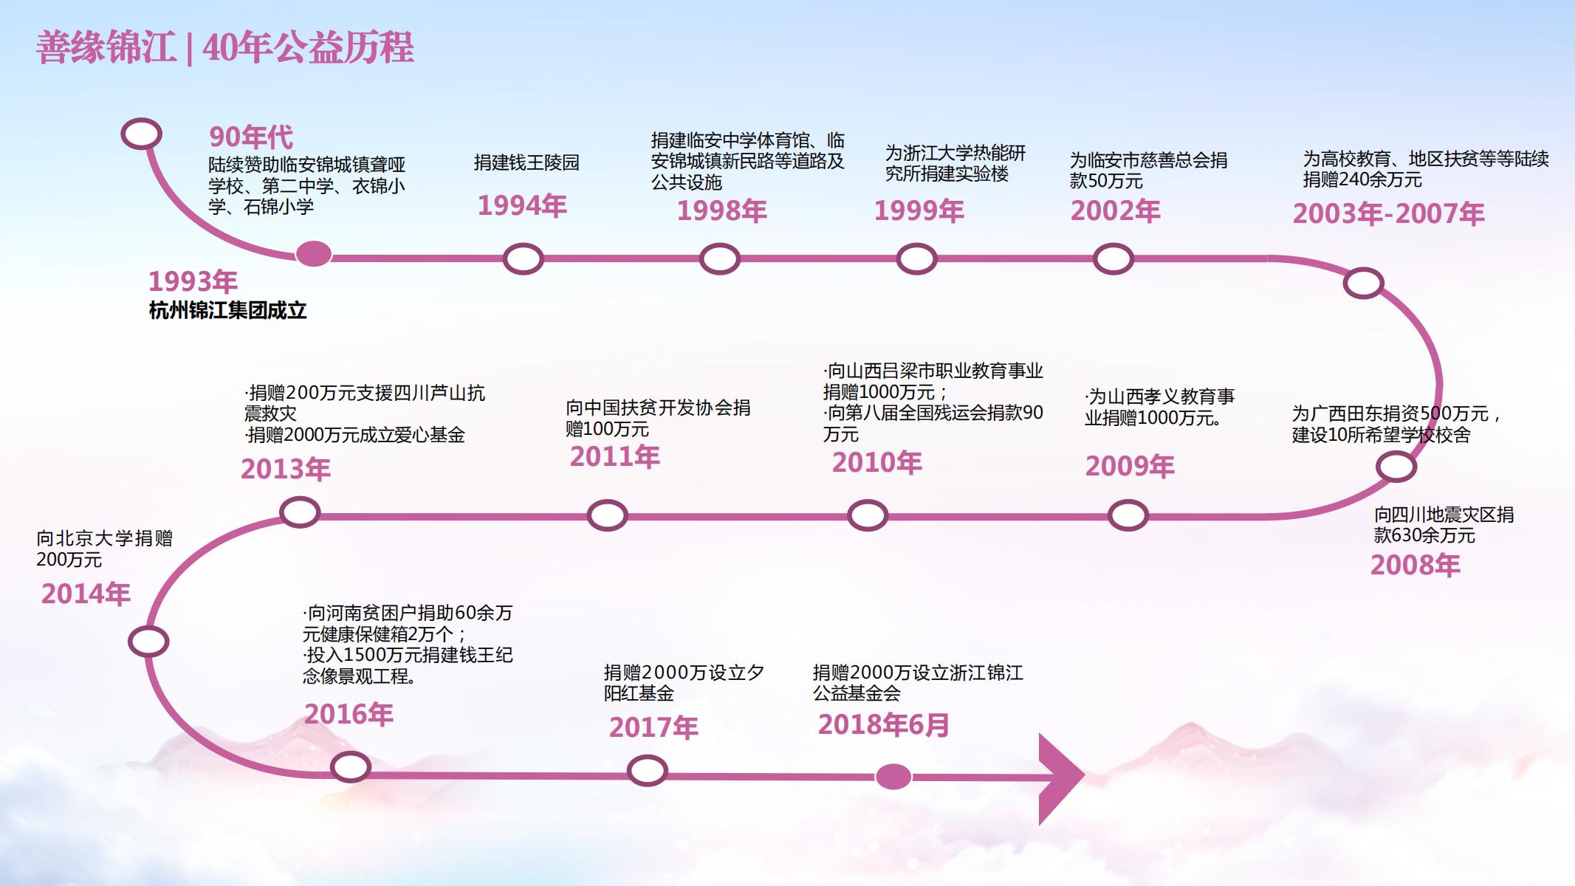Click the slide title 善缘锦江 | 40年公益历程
[x=225, y=48]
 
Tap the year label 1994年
[x=522, y=205]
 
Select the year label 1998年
[x=722, y=211]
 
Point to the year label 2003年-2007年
[x=1388, y=214]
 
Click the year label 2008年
[x=1416, y=566]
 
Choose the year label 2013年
[x=286, y=470]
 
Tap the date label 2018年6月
[x=884, y=725]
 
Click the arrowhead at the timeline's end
[x=1062, y=778]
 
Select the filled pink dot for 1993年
[x=314, y=254]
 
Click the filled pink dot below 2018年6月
[x=893, y=777]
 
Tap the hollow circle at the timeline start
[x=141, y=134]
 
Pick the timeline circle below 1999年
[x=916, y=259]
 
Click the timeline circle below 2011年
[x=607, y=515]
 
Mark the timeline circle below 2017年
[x=648, y=771]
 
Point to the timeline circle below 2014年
[x=148, y=642]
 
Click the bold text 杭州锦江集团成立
[x=227, y=310]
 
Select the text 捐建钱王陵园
[x=526, y=162]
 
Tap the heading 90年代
[x=251, y=137]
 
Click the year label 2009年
[x=1130, y=467]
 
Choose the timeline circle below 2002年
[x=1113, y=259]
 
